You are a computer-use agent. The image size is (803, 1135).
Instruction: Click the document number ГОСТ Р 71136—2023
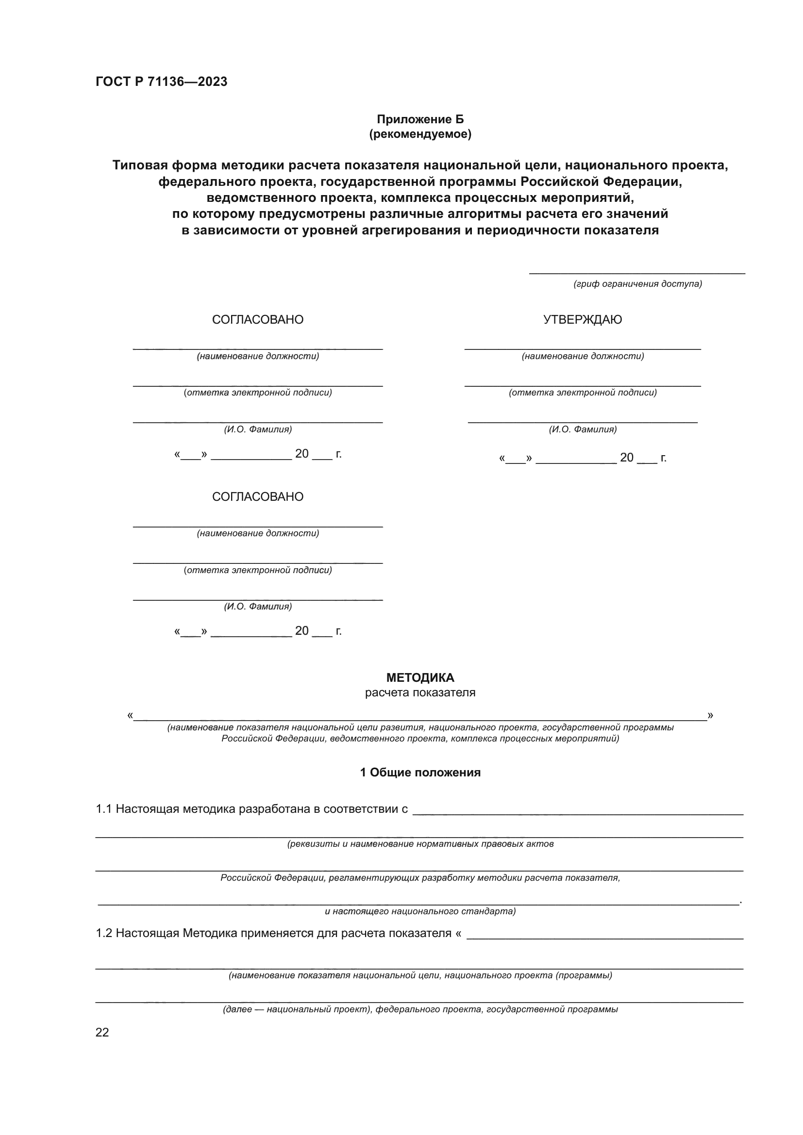coord(161,82)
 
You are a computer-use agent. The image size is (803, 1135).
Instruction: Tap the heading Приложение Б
coord(420,119)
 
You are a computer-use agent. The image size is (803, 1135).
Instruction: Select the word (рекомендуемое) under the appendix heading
coord(420,134)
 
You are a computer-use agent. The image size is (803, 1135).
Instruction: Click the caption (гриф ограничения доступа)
coord(637,284)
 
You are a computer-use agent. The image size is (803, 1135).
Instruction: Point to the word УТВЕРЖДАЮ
coord(582,320)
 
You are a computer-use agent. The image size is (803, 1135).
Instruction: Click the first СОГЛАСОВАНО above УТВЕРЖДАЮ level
coord(258,320)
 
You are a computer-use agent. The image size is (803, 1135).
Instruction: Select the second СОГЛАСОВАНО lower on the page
coord(258,497)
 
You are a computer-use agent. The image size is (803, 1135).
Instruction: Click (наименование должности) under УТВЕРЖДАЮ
coord(583,356)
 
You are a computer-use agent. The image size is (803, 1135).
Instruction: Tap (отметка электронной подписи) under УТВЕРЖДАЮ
coord(583,393)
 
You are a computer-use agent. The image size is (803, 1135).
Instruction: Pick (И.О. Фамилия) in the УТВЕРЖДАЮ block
coord(583,429)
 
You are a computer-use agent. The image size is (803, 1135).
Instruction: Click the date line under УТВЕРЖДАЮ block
coord(583,458)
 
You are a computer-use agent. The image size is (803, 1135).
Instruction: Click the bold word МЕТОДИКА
coord(420,678)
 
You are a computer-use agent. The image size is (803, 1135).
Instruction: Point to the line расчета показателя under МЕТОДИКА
coord(420,692)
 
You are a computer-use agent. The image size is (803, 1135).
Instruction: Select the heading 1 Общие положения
coord(420,772)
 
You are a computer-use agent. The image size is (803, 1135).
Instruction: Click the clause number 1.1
coord(103,809)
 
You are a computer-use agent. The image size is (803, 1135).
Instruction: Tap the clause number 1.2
coord(103,933)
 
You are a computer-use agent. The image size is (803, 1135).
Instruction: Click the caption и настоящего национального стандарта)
coord(420,911)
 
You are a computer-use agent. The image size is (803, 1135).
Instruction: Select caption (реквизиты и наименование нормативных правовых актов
coord(420,844)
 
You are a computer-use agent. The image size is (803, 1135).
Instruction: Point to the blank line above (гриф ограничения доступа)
coord(637,272)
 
